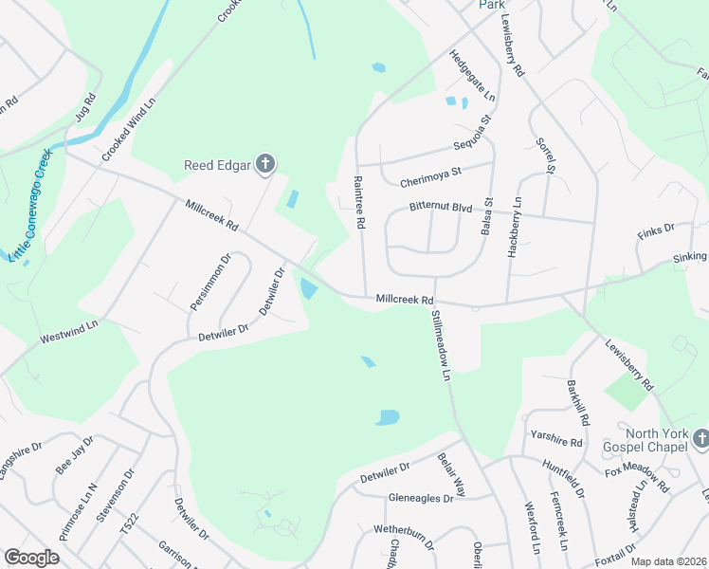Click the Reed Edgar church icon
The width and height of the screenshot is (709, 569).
pyautogui.click(x=265, y=165)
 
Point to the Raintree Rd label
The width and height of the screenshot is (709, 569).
pyautogui.click(x=359, y=202)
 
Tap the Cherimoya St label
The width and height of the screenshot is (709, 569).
pyautogui.click(x=429, y=173)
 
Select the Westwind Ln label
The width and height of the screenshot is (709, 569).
pyautogui.click(x=69, y=331)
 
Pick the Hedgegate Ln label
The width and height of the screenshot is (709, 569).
pyautogui.click(x=472, y=76)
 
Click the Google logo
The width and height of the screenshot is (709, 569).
pyautogui.click(x=32, y=558)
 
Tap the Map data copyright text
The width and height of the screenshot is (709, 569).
pyautogui.click(x=668, y=561)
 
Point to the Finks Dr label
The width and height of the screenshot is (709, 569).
pyautogui.click(x=656, y=229)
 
